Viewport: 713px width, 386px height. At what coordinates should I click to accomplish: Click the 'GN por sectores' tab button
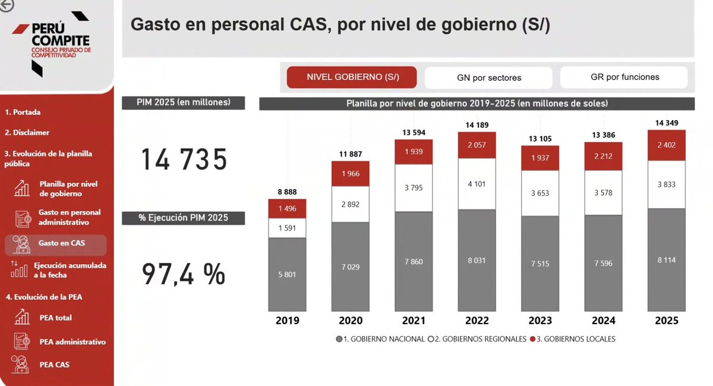tap(488, 77)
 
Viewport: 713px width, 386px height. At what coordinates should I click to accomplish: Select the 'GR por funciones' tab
tap(624, 77)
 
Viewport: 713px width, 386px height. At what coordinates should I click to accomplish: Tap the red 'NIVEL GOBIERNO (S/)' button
tap(352, 77)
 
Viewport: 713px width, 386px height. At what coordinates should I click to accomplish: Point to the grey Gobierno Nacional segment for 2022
tap(477, 260)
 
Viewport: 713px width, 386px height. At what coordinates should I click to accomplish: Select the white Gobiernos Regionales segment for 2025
tap(667, 184)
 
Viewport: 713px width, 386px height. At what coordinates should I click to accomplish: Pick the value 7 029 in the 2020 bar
tap(351, 267)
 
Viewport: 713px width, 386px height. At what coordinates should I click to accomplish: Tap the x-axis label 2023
tap(540, 321)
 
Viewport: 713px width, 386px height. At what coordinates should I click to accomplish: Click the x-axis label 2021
tap(414, 321)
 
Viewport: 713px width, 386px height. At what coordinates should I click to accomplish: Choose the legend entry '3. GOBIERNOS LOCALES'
tap(576, 339)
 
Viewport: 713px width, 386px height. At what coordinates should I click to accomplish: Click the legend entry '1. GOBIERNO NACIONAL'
tap(380, 339)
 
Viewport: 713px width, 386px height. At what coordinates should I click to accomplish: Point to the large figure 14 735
tap(184, 160)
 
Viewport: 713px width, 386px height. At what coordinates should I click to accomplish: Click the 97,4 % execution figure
tap(184, 274)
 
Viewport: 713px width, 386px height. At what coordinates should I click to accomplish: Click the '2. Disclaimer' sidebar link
tap(27, 133)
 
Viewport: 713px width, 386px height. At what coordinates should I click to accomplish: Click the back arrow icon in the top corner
tap(6, 5)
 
